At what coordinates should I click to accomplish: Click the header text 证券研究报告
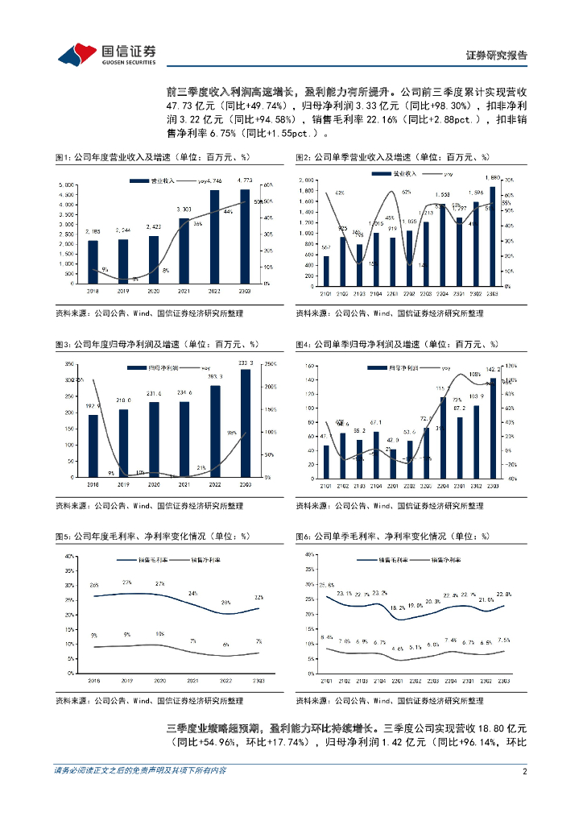point(497,56)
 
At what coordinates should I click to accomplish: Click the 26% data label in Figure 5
point(94,586)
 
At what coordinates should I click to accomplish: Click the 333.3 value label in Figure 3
point(246,363)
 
